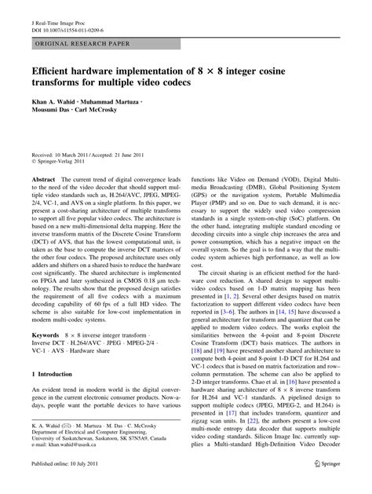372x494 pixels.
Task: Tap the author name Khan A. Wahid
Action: pos(57,103)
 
